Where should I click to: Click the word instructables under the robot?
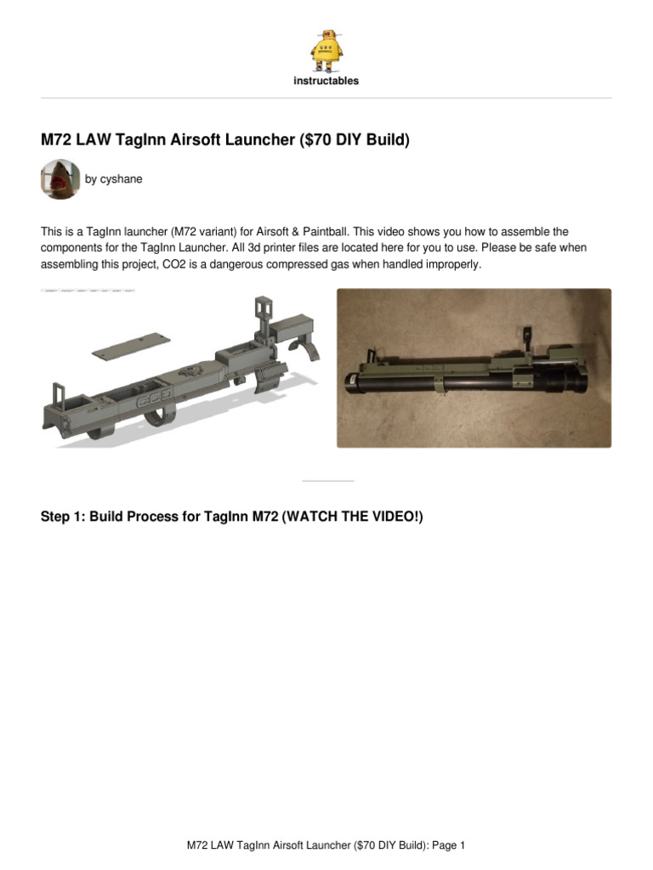(326, 82)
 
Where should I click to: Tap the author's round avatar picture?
(60, 179)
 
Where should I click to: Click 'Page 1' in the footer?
(448, 845)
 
